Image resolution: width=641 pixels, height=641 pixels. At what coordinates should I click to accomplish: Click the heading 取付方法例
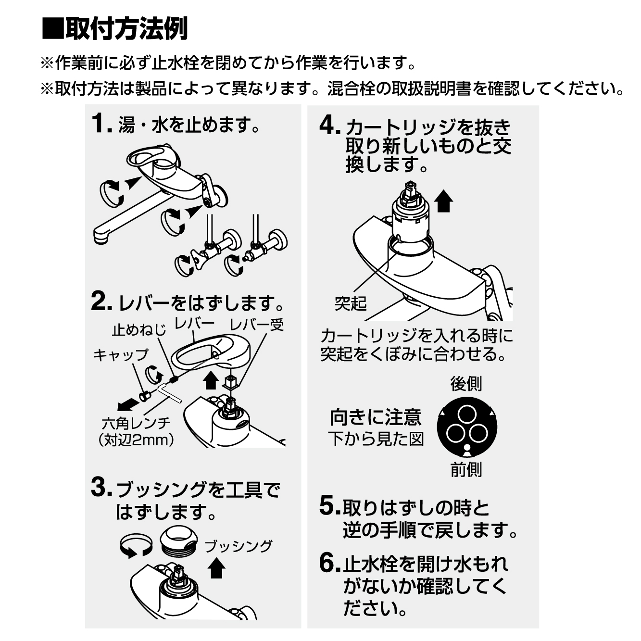tap(127, 28)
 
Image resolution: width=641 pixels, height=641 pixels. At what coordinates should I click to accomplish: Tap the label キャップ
tap(121, 355)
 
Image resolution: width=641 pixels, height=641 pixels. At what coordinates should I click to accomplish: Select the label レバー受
tap(257, 325)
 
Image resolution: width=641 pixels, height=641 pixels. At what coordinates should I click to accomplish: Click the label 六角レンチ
tap(136, 423)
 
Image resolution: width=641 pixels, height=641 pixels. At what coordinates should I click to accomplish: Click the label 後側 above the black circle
tap(466, 384)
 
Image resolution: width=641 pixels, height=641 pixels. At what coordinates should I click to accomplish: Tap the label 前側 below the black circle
tap(466, 470)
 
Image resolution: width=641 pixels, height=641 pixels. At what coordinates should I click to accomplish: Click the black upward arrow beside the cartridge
tap(444, 201)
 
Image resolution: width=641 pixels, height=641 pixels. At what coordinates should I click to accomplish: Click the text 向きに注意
tap(376, 417)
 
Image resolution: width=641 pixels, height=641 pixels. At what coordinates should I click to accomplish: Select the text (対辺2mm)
tap(137, 440)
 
